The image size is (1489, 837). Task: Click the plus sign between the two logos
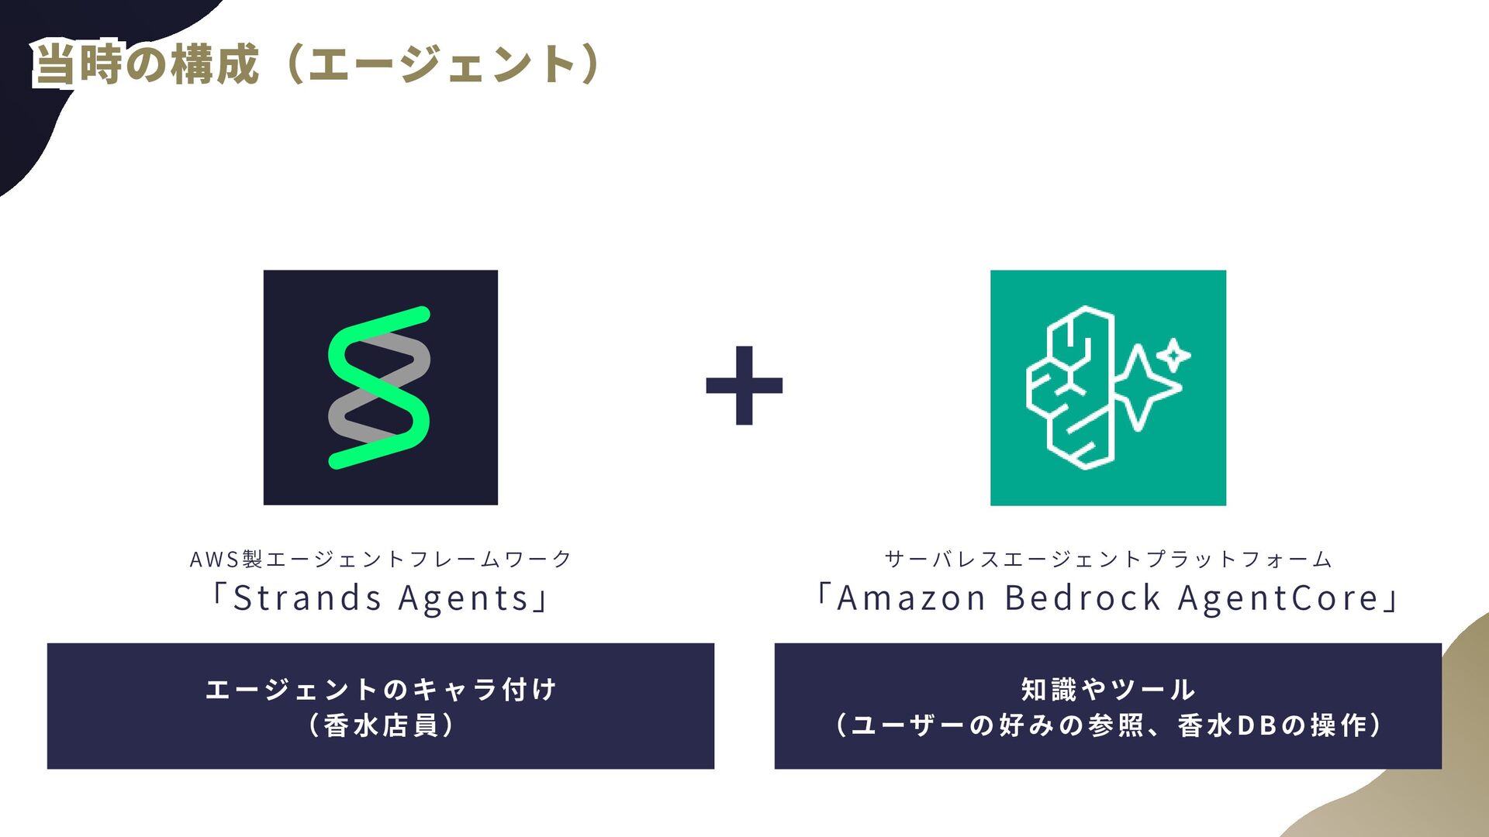tap(744, 385)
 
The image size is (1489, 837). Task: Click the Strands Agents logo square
tap(380, 387)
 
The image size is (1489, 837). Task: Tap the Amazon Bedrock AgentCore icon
tap(1107, 387)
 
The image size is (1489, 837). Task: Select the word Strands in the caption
tap(307, 598)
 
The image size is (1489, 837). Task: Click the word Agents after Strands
tap(464, 598)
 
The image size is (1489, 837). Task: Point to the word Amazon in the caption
tap(911, 598)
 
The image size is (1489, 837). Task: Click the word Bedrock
tap(1083, 598)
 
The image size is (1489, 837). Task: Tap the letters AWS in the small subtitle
tap(215, 559)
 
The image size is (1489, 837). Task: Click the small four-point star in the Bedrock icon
tap(1173, 356)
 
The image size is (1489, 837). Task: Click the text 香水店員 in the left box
tap(380, 725)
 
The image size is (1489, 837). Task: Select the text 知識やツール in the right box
tap(1107, 689)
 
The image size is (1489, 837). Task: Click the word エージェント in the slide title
tap(442, 64)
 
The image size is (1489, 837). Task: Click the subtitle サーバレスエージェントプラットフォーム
tap(1107, 559)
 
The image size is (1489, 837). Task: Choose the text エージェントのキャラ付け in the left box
tap(380, 689)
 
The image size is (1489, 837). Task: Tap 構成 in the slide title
tap(215, 64)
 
